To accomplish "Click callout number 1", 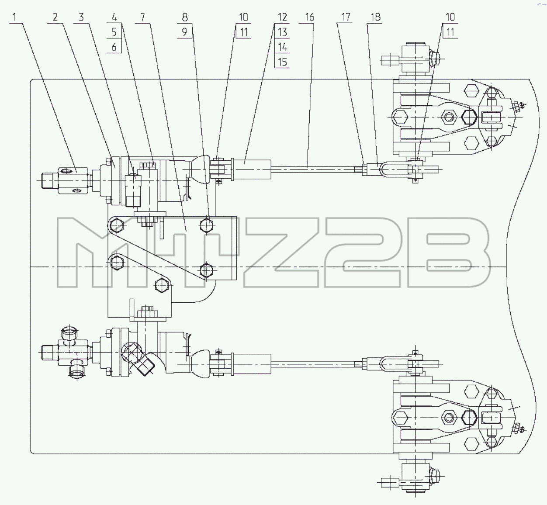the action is (x=14, y=17).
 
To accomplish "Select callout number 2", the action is (x=55, y=17).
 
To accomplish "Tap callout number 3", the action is (x=81, y=17).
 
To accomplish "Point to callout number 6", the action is (x=114, y=47).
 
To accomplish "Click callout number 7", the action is (x=142, y=17).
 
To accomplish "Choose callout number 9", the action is (x=184, y=32).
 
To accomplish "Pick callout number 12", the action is (x=282, y=17).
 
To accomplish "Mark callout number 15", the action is (x=282, y=62).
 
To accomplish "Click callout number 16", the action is (x=310, y=17).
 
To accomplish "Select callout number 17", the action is (x=346, y=17).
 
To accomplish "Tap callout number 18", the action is (x=376, y=17).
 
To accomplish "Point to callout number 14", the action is (x=282, y=47).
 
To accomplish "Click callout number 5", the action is (x=114, y=32).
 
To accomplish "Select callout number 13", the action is (x=282, y=32).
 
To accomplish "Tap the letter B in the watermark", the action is (x=449, y=252).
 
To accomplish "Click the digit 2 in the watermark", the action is (x=363, y=252).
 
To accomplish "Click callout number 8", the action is (x=184, y=17).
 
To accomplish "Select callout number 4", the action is (x=114, y=17).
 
